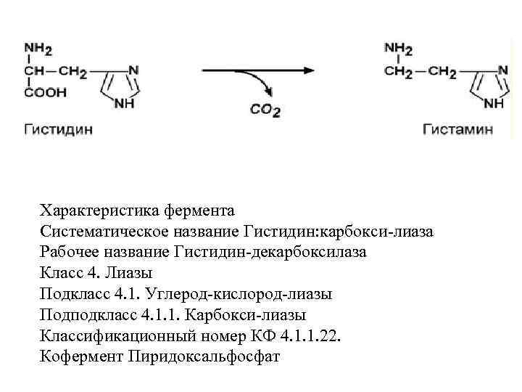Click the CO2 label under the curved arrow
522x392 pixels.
click(265, 111)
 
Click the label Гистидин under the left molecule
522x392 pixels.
click(59, 129)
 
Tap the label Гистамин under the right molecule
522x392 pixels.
click(458, 129)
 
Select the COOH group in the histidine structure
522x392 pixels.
click(46, 92)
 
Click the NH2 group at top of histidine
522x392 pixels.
click(38, 49)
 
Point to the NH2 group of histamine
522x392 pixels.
click(398, 49)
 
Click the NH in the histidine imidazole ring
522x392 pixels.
click(125, 103)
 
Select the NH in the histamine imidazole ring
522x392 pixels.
click(494, 103)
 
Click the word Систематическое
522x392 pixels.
click(104, 232)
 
